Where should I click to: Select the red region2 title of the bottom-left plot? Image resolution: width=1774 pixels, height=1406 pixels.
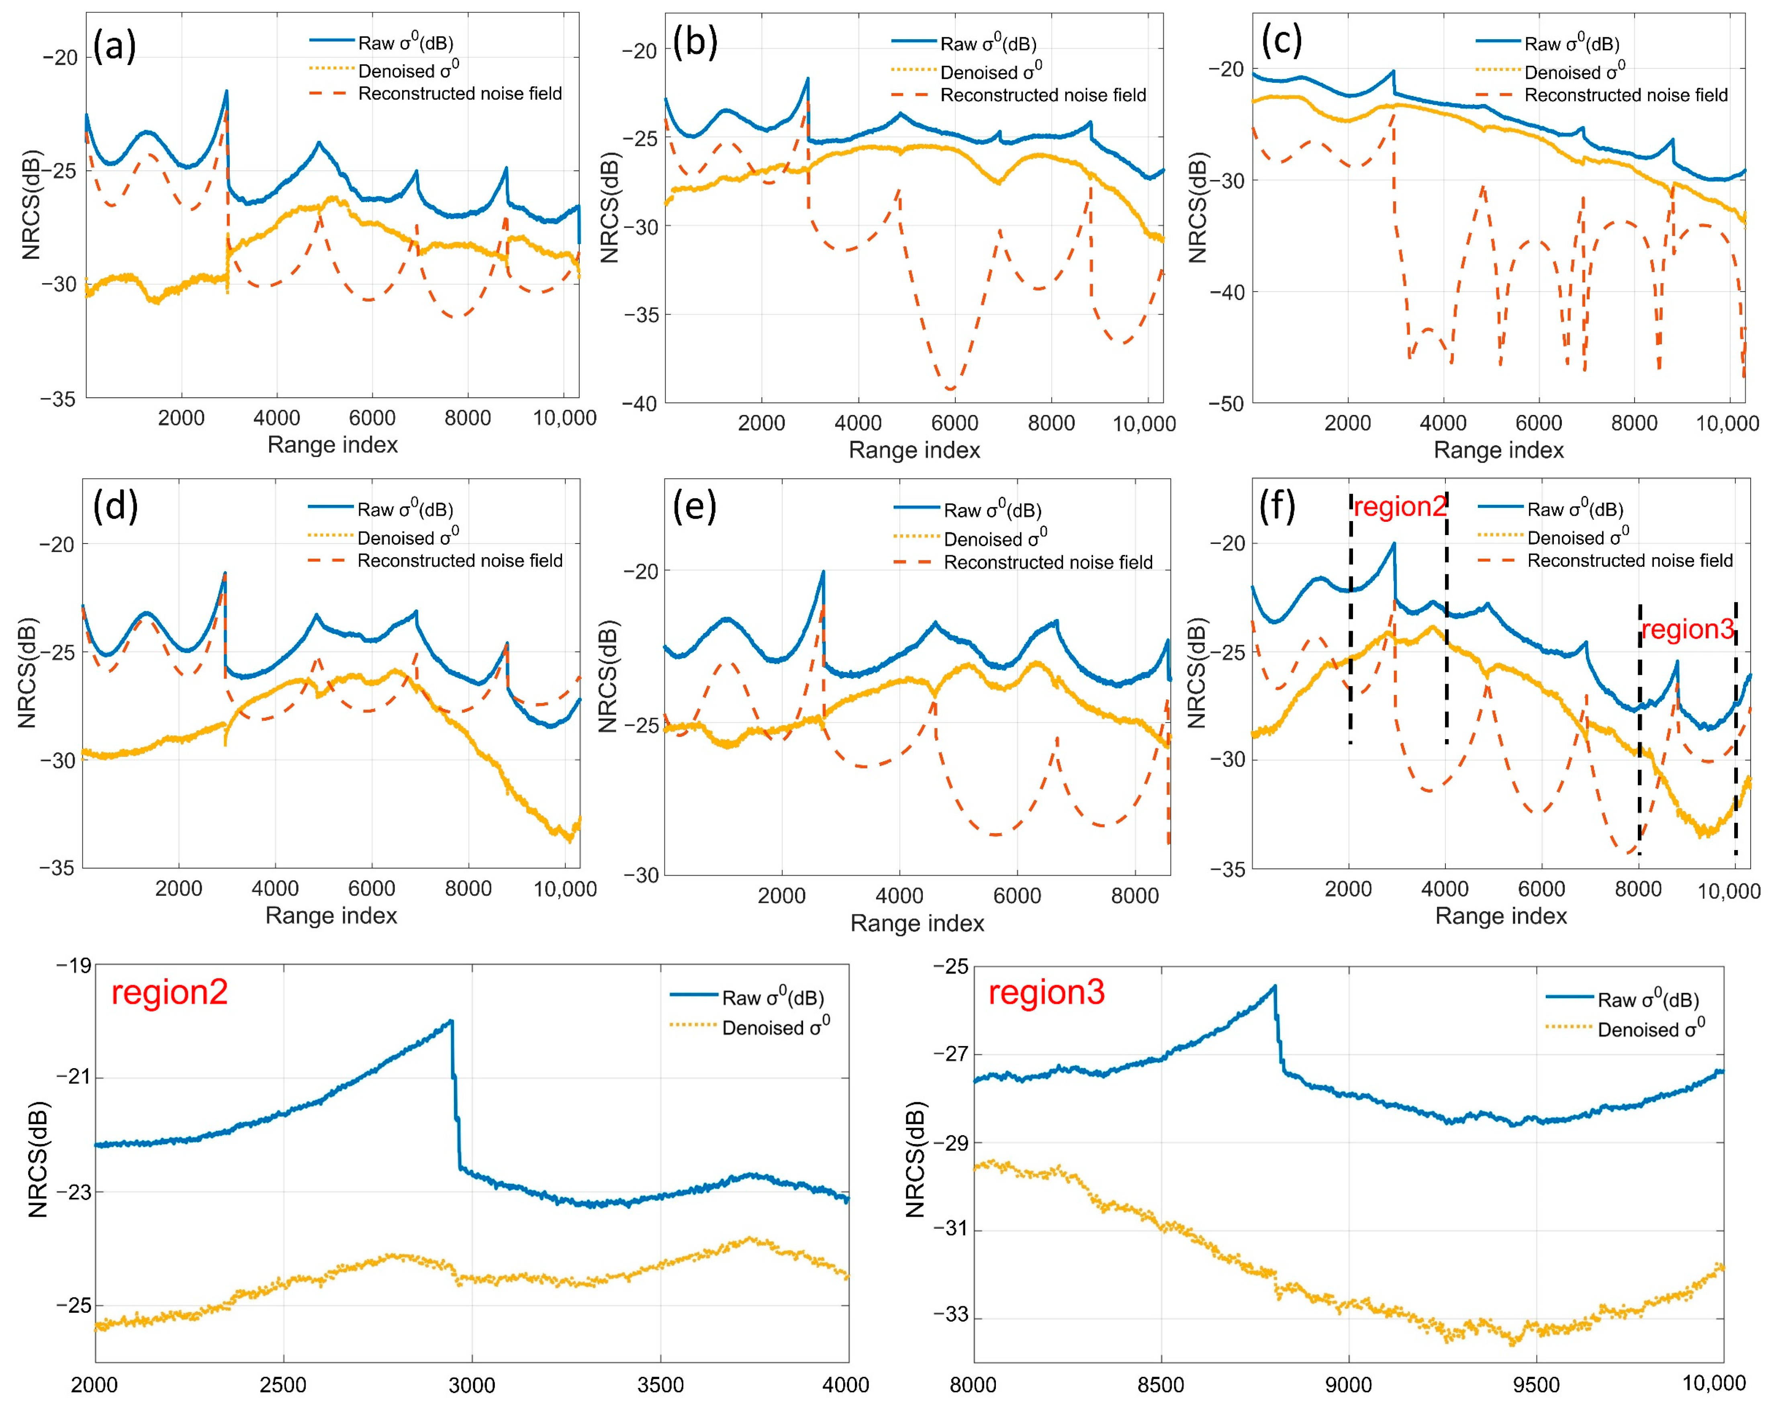170,992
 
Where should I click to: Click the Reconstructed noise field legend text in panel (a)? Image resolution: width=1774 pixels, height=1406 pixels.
460,94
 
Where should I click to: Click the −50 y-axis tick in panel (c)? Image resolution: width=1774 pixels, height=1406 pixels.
1226,403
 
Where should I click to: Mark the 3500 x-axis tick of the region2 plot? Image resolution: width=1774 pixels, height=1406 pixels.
660,1385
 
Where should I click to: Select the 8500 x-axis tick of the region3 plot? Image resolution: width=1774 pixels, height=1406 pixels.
1160,1385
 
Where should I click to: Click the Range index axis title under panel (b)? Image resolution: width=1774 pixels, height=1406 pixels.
914,450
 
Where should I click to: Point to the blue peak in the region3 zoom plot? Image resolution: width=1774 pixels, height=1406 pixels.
1275,987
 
